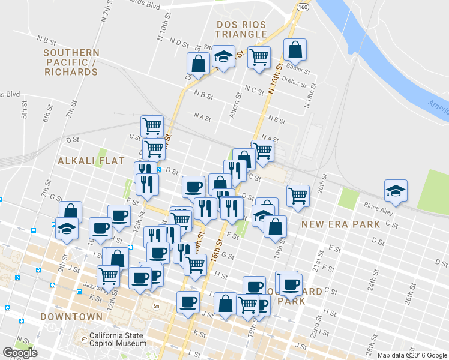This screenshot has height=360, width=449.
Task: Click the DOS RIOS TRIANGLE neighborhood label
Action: (241, 29)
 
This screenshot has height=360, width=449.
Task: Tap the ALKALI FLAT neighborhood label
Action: (91, 161)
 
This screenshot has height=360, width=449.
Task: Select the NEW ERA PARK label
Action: (340, 224)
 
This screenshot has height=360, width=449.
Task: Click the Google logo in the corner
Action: (20, 353)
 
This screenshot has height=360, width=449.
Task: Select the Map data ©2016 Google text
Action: (412, 355)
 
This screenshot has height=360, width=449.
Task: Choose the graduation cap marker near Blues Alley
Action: (396, 191)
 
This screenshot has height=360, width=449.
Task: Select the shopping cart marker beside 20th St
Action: (298, 196)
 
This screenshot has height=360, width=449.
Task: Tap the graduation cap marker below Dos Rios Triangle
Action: (224, 58)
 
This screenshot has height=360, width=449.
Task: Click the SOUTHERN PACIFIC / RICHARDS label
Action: (71, 62)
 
